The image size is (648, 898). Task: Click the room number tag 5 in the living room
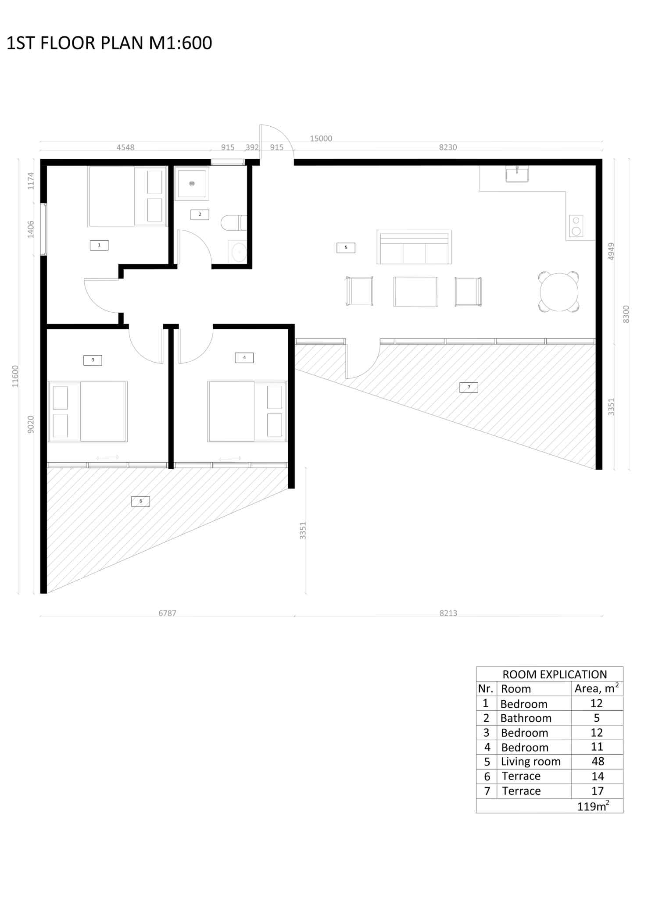[346, 248]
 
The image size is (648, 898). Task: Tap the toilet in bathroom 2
[233, 223]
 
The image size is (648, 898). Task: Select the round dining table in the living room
[559, 292]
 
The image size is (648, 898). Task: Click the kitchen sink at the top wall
[517, 175]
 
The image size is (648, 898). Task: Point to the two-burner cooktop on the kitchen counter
[576, 226]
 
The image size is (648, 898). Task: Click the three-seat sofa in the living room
[414, 248]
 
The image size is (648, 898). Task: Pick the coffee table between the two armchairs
[415, 292]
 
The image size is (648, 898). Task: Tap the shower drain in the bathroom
[192, 184]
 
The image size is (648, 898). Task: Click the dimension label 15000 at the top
[321, 139]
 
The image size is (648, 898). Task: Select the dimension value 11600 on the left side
[15, 376]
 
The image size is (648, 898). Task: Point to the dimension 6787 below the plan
[167, 613]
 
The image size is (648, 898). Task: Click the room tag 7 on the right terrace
[469, 387]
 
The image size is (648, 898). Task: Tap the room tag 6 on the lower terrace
[140, 501]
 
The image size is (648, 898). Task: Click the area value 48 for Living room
[598, 761]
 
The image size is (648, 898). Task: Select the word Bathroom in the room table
[526, 718]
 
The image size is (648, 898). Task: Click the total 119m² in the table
[593, 806]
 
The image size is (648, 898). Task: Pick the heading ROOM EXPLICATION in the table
[555, 674]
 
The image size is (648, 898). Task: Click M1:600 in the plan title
[180, 43]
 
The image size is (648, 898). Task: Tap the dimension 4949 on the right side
[611, 251]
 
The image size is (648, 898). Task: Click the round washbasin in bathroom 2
[239, 253]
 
